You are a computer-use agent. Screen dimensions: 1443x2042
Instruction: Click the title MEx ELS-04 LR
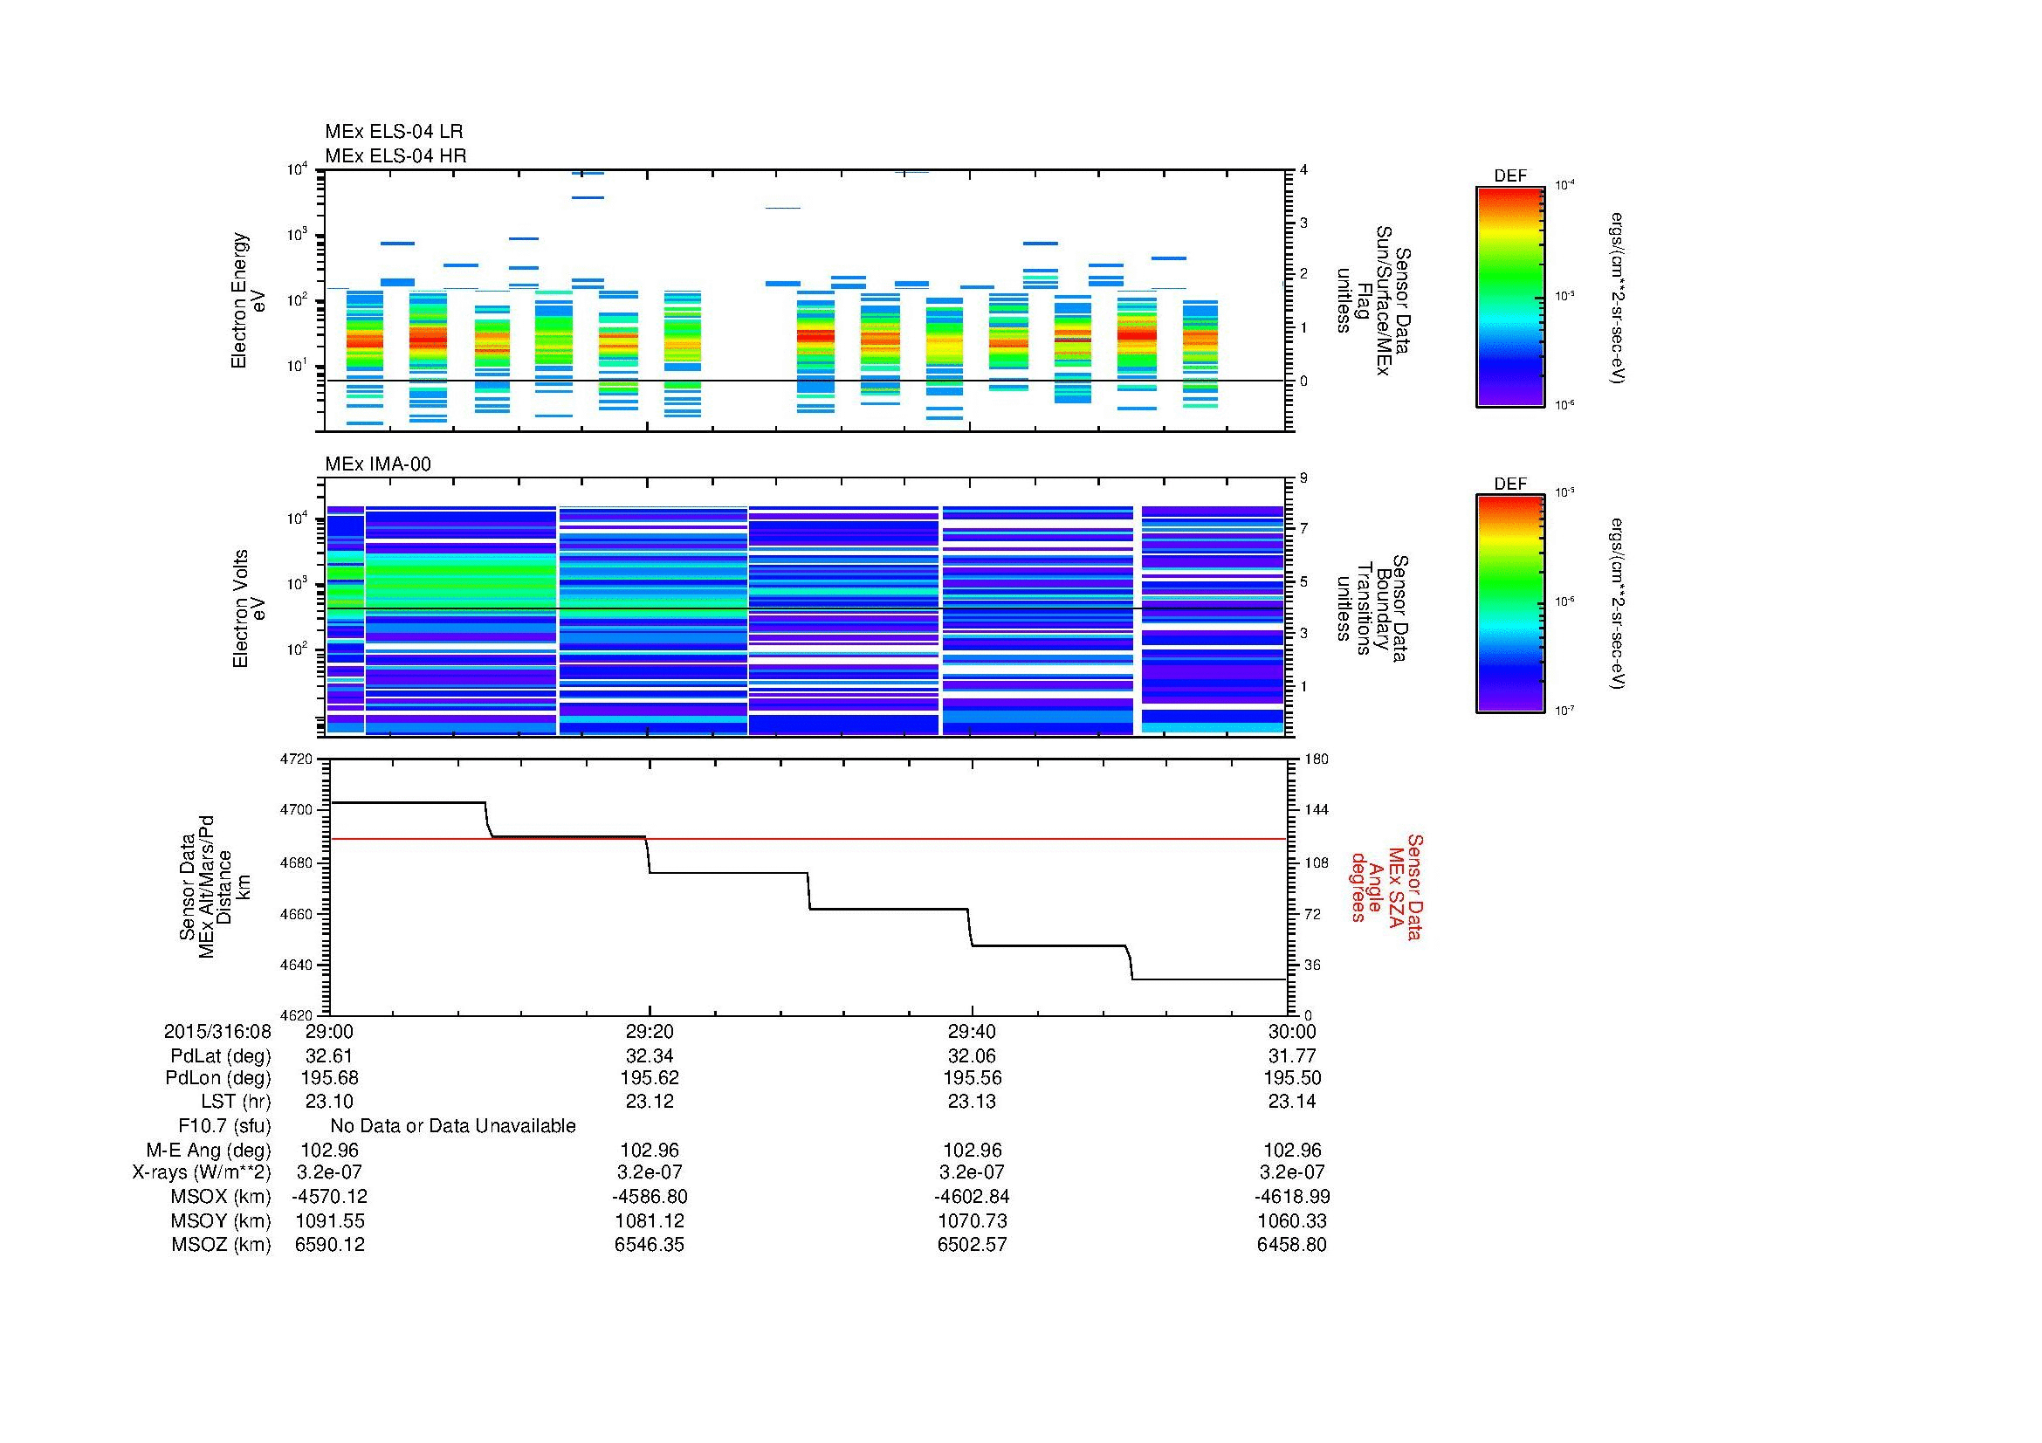[393, 132]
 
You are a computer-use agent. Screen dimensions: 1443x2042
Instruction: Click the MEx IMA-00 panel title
[377, 464]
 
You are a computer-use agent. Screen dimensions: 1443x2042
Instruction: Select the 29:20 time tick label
[650, 1031]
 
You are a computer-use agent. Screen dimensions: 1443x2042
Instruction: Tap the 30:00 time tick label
[1291, 1031]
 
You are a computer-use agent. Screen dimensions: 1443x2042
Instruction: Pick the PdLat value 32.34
[650, 1056]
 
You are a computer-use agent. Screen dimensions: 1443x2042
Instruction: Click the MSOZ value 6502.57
[972, 1245]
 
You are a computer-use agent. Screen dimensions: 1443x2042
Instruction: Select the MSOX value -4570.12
[330, 1197]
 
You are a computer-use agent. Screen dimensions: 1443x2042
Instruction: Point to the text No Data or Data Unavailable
[453, 1125]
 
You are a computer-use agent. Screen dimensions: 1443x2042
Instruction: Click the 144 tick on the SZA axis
[1316, 810]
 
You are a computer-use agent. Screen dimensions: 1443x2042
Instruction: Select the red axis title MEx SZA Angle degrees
[1385, 887]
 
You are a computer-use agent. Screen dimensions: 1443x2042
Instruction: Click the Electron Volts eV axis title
[249, 609]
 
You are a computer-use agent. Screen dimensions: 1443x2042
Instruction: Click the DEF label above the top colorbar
[1510, 176]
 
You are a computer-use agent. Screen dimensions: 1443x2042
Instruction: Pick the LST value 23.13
[972, 1102]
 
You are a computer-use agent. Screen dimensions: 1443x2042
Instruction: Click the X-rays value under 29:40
[972, 1172]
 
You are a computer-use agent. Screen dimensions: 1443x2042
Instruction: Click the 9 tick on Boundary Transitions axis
[1303, 478]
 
